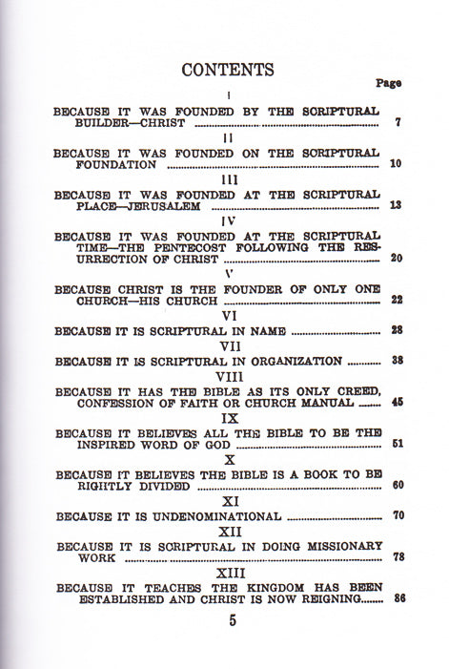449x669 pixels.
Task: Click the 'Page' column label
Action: pyautogui.click(x=388, y=83)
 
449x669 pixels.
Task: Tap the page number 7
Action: pyautogui.click(x=396, y=124)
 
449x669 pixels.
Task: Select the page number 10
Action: pyautogui.click(x=396, y=164)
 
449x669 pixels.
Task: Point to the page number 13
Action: pyautogui.click(x=396, y=205)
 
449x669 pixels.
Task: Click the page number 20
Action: pyautogui.click(x=396, y=258)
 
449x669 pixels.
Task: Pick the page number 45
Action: pyautogui.click(x=396, y=403)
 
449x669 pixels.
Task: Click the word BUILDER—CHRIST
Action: pyautogui.click(x=108, y=124)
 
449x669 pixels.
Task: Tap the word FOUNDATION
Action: pyautogui.click(x=105, y=164)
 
